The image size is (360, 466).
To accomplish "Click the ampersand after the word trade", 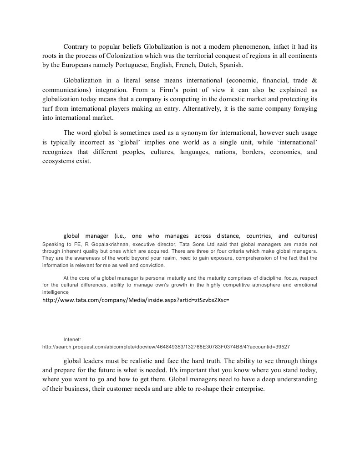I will (314, 81).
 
